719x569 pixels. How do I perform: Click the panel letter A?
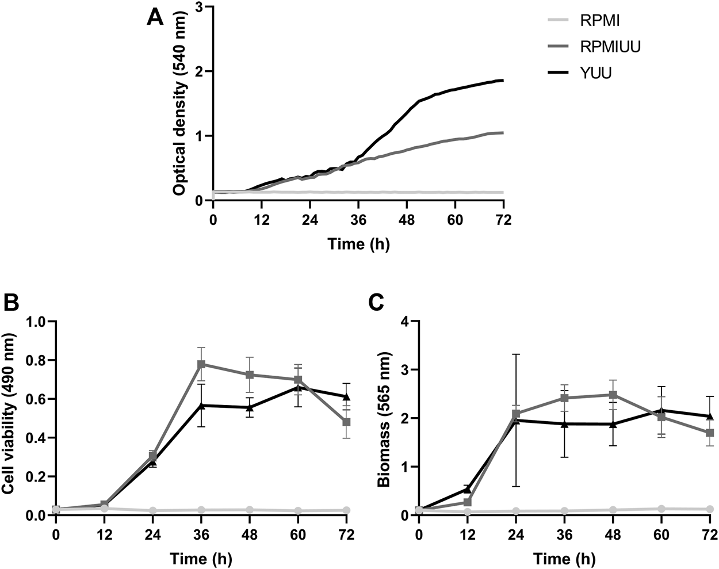(x=155, y=17)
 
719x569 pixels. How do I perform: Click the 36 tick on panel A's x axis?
(x=358, y=220)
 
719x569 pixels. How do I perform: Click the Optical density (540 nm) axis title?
(x=179, y=104)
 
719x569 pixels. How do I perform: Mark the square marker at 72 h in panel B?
(x=346, y=422)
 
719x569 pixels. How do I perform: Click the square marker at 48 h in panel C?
(x=613, y=395)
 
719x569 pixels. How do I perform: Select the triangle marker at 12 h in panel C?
(x=468, y=489)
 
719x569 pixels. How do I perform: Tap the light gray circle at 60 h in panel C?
(x=661, y=509)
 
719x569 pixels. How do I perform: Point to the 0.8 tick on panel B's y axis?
(x=37, y=360)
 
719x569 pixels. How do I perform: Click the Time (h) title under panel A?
(x=358, y=244)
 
